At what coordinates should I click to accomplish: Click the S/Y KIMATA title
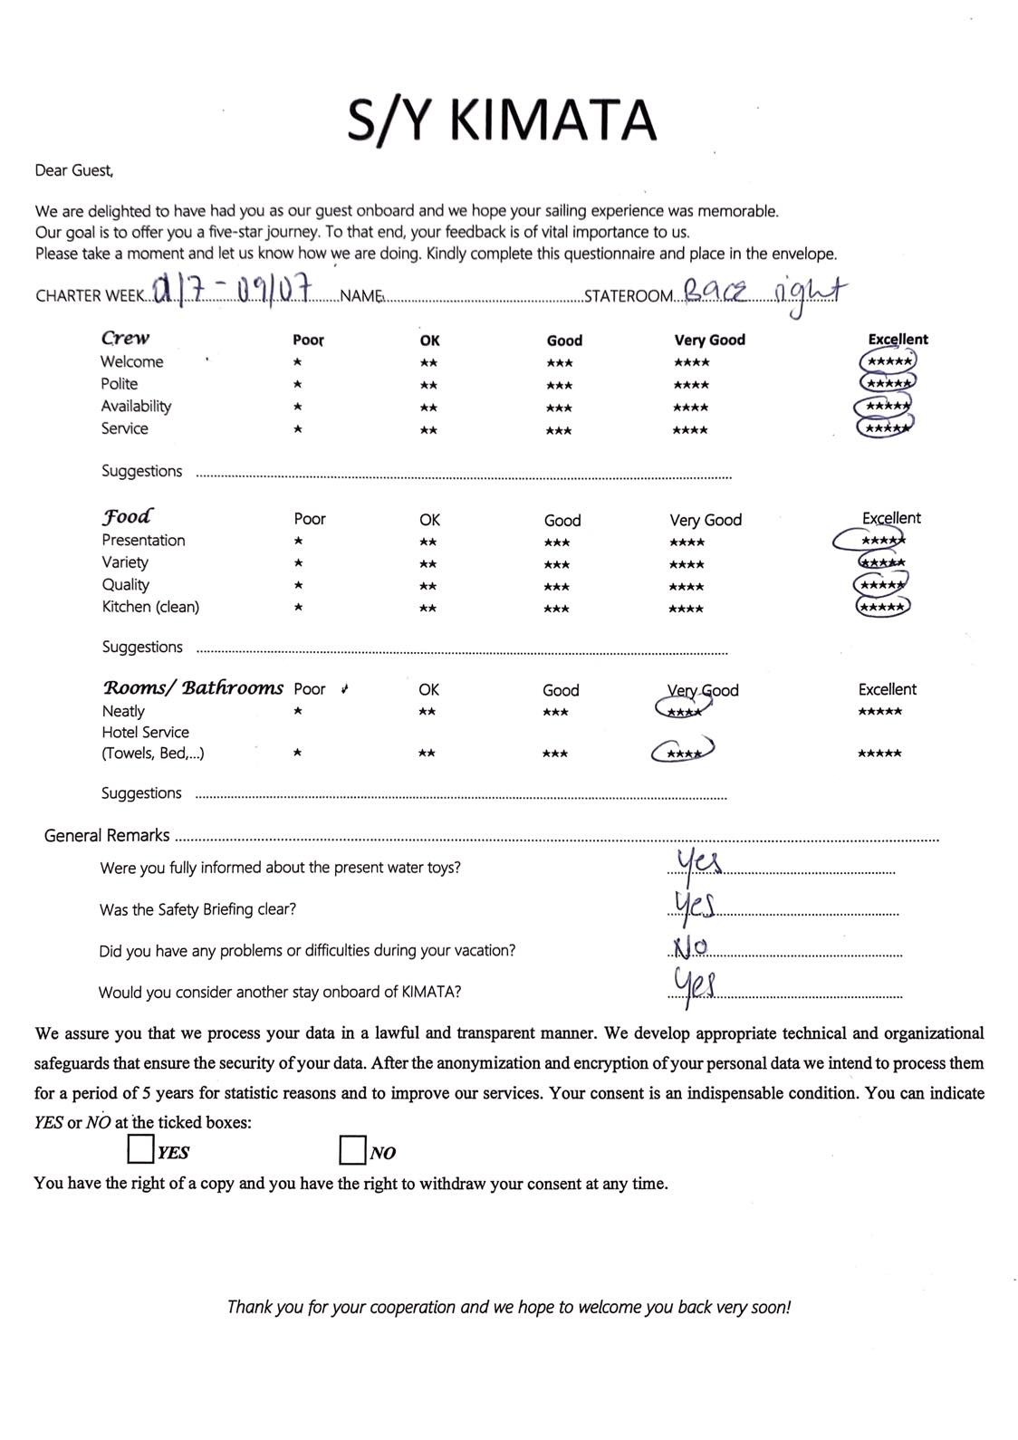(x=502, y=120)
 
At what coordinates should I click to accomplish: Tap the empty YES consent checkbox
(x=140, y=1149)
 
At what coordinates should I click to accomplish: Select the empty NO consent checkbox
(x=352, y=1150)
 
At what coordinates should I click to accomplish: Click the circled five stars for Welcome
(x=888, y=361)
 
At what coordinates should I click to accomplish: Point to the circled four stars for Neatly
(x=683, y=711)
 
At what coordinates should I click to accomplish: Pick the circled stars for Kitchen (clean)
(x=882, y=607)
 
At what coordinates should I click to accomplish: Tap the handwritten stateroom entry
(x=763, y=292)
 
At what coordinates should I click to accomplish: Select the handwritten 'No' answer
(x=690, y=947)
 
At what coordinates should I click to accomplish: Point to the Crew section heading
(x=125, y=338)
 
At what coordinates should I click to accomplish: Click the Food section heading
(x=127, y=516)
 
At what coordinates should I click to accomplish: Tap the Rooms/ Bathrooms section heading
(x=192, y=687)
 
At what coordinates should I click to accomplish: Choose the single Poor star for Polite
(x=298, y=384)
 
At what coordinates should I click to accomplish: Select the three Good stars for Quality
(x=557, y=586)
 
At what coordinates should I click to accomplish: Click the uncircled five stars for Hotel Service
(x=879, y=754)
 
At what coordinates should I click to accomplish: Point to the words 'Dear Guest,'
(x=74, y=169)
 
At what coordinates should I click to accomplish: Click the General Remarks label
(x=107, y=835)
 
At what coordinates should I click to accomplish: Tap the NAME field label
(x=360, y=296)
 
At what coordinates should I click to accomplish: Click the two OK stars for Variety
(x=428, y=563)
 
